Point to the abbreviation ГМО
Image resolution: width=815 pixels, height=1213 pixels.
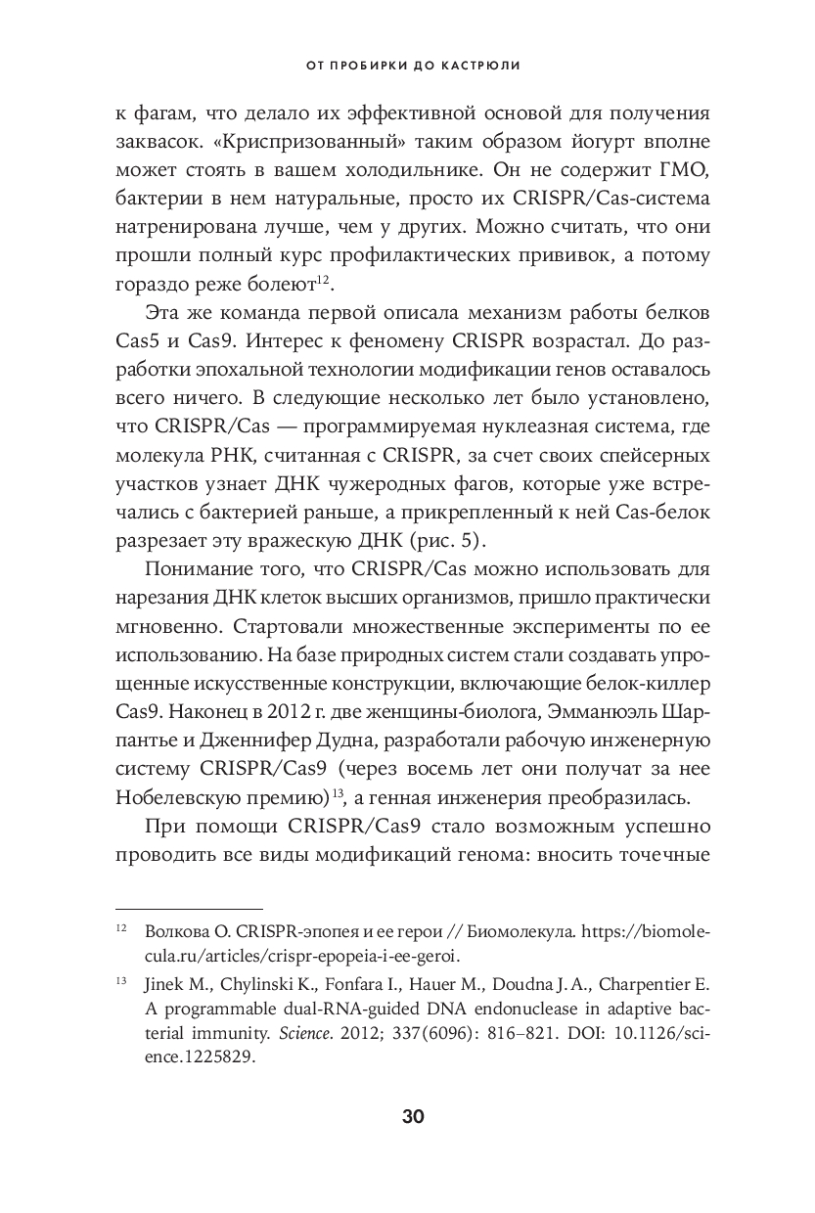point(684,171)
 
